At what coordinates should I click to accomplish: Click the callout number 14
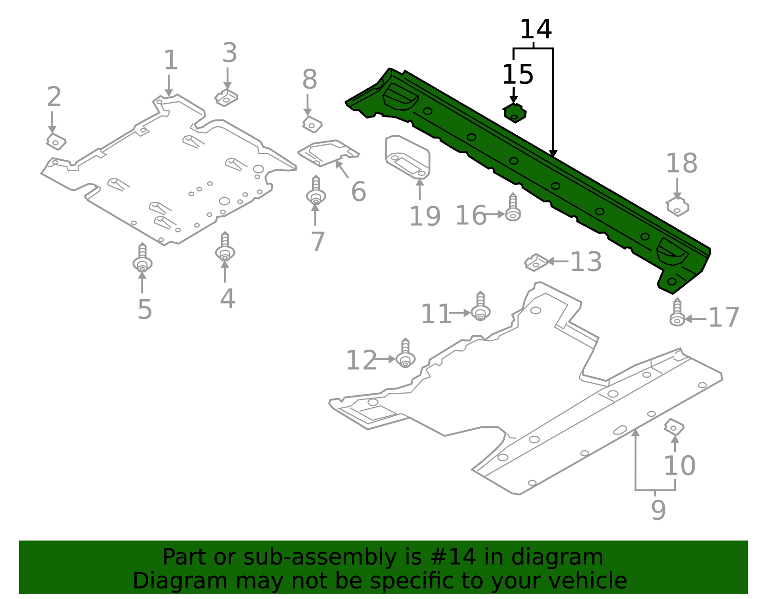tap(535, 30)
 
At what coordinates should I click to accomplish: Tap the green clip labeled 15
tap(514, 113)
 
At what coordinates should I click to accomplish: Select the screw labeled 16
tap(513, 209)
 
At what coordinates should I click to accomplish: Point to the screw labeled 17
tap(677, 314)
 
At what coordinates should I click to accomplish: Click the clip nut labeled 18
tap(677, 207)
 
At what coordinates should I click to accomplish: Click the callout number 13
tap(586, 262)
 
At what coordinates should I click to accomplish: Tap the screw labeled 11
tap(480, 307)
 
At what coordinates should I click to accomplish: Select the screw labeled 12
tap(406, 354)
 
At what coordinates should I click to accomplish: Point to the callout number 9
tap(658, 510)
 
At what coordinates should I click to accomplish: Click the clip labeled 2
tap(56, 141)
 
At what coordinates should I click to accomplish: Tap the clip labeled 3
tap(226, 98)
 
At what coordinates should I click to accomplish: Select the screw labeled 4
tap(225, 248)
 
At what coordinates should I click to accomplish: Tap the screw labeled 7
tap(316, 191)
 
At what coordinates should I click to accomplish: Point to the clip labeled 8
tap(312, 125)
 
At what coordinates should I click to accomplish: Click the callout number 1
tap(171, 61)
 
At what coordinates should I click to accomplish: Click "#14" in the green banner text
tap(453, 557)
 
